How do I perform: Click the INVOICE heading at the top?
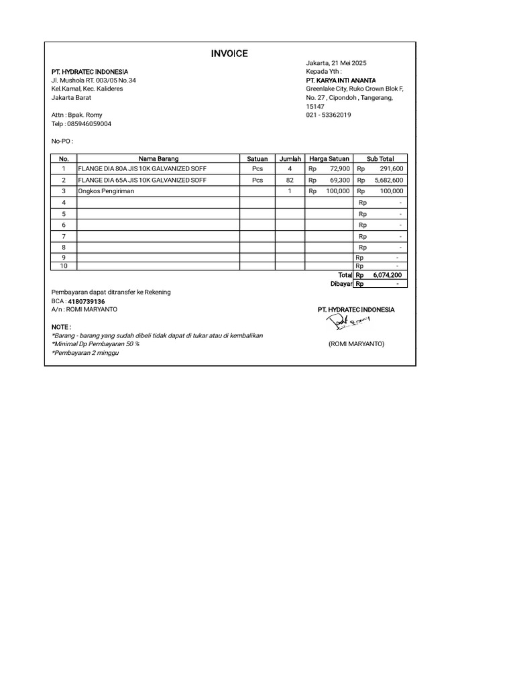click(230, 54)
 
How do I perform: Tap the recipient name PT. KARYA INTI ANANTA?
click(341, 80)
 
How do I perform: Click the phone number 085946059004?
click(89, 124)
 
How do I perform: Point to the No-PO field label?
click(62, 142)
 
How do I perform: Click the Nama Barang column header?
click(158, 159)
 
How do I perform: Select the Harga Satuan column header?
click(329, 159)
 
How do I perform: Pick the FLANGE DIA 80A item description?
click(142, 169)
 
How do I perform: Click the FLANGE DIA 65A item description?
click(142, 180)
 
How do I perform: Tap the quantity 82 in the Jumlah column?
click(290, 180)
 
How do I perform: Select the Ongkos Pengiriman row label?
click(107, 191)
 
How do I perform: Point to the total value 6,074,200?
click(388, 275)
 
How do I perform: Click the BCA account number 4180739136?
click(87, 302)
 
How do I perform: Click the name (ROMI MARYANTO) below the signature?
click(356, 343)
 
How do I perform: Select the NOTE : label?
click(62, 327)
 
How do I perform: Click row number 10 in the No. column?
click(64, 266)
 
